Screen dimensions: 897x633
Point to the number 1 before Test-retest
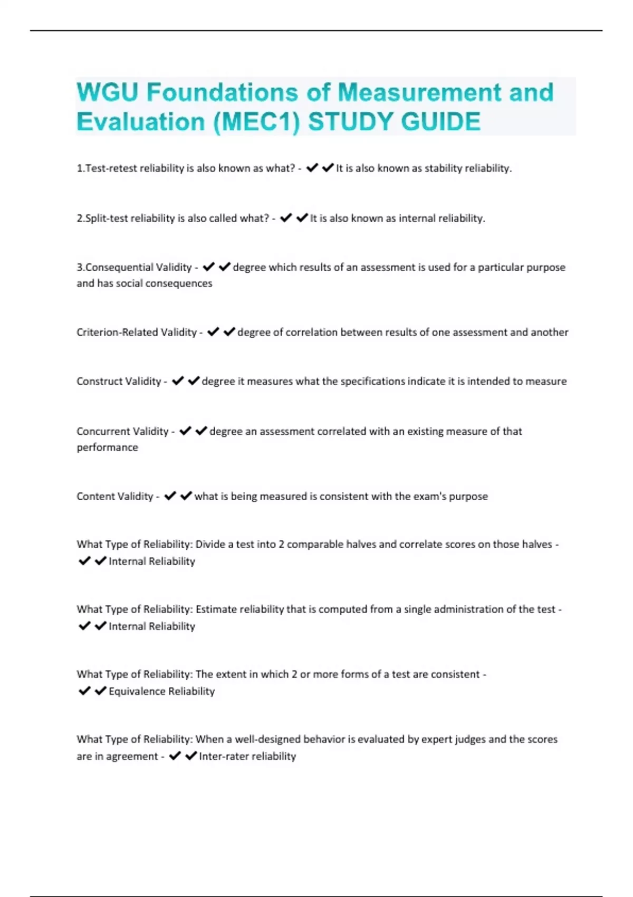(x=79, y=168)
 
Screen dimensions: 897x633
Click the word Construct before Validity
(x=98, y=381)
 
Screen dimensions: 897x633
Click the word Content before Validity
(x=94, y=497)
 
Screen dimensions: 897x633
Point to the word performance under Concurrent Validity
(x=107, y=447)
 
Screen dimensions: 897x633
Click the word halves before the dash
(x=536, y=545)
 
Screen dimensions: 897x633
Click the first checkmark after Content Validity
(x=170, y=496)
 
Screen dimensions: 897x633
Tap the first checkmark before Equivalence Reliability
(x=84, y=691)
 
